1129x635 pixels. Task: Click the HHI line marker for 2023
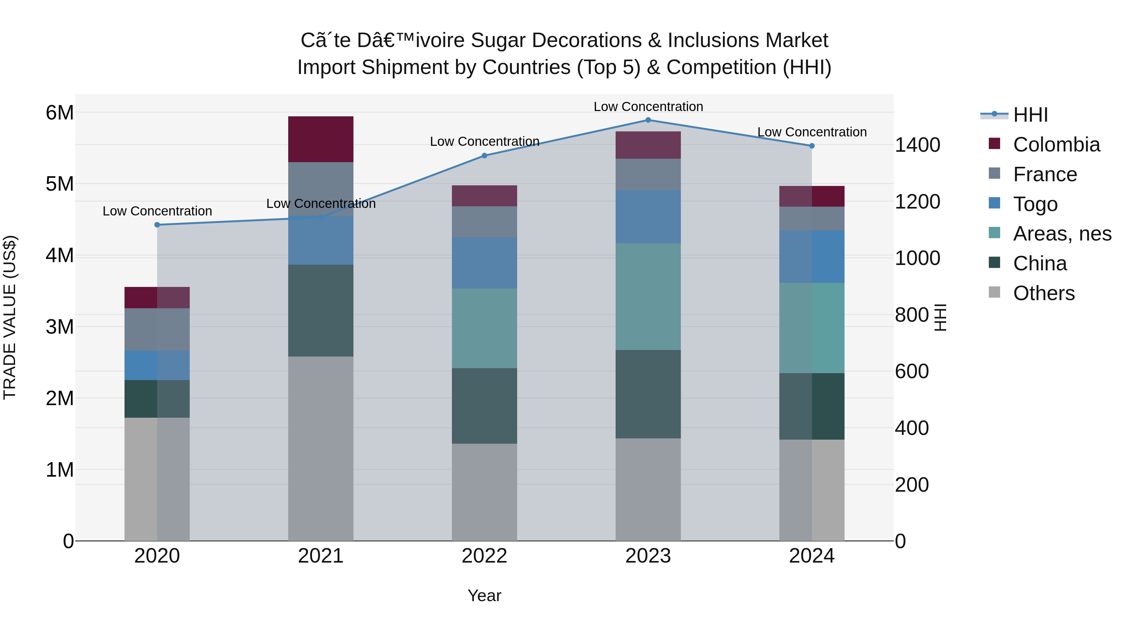pyautogui.click(x=648, y=120)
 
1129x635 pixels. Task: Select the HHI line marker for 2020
pyautogui.click(x=157, y=225)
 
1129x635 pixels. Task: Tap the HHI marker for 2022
pyautogui.click(x=484, y=156)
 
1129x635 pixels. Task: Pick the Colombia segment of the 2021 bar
pyautogui.click(x=321, y=139)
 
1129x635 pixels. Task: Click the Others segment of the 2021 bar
pyautogui.click(x=321, y=448)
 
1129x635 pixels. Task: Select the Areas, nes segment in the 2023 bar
pyautogui.click(x=648, y=297)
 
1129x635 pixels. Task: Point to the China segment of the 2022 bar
pyautogui.click(x=484, y=406)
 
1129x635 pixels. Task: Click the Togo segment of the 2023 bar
pyautogui.click(x=648, y=217)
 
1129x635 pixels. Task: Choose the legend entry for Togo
pyautogui.click(x=1035, y=204)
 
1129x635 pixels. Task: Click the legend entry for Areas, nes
pyautogui.click(x=1062, y=234)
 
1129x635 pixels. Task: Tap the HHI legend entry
pyautogui.click(x=1030, y=115)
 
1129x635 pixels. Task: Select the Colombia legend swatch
pyautogui.click(x=994, y=144)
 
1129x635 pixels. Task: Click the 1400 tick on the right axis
pyautogui.click(x=917, y=145)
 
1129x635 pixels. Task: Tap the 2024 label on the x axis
pyautogui.click(x=812, y=556)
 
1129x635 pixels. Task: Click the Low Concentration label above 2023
pyautogui.click(x=648, y=107)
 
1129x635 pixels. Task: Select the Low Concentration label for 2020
pyautogui.click(x=157, y=211)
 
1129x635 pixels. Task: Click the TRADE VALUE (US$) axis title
pyautogui.click(x=10, y=317)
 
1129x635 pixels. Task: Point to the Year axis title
pyautogui.click(x=484, y=595)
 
